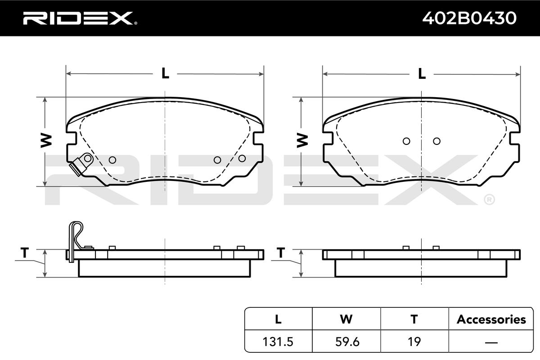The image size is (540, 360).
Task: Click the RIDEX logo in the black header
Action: click(80, 18)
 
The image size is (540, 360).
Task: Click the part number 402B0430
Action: click(469, 18)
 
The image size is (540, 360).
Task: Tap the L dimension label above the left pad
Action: click(165, 73)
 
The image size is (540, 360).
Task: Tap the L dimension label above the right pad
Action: click(422, 73)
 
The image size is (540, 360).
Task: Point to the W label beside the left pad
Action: click(46, 140)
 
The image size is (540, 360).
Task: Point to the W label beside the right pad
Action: click(302, 140)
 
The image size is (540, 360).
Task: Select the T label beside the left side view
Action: click(25, 252)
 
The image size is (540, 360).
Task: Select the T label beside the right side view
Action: click(281, 252)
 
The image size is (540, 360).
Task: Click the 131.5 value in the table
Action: click(278, 342)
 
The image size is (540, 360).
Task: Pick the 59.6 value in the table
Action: click(347, 342)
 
